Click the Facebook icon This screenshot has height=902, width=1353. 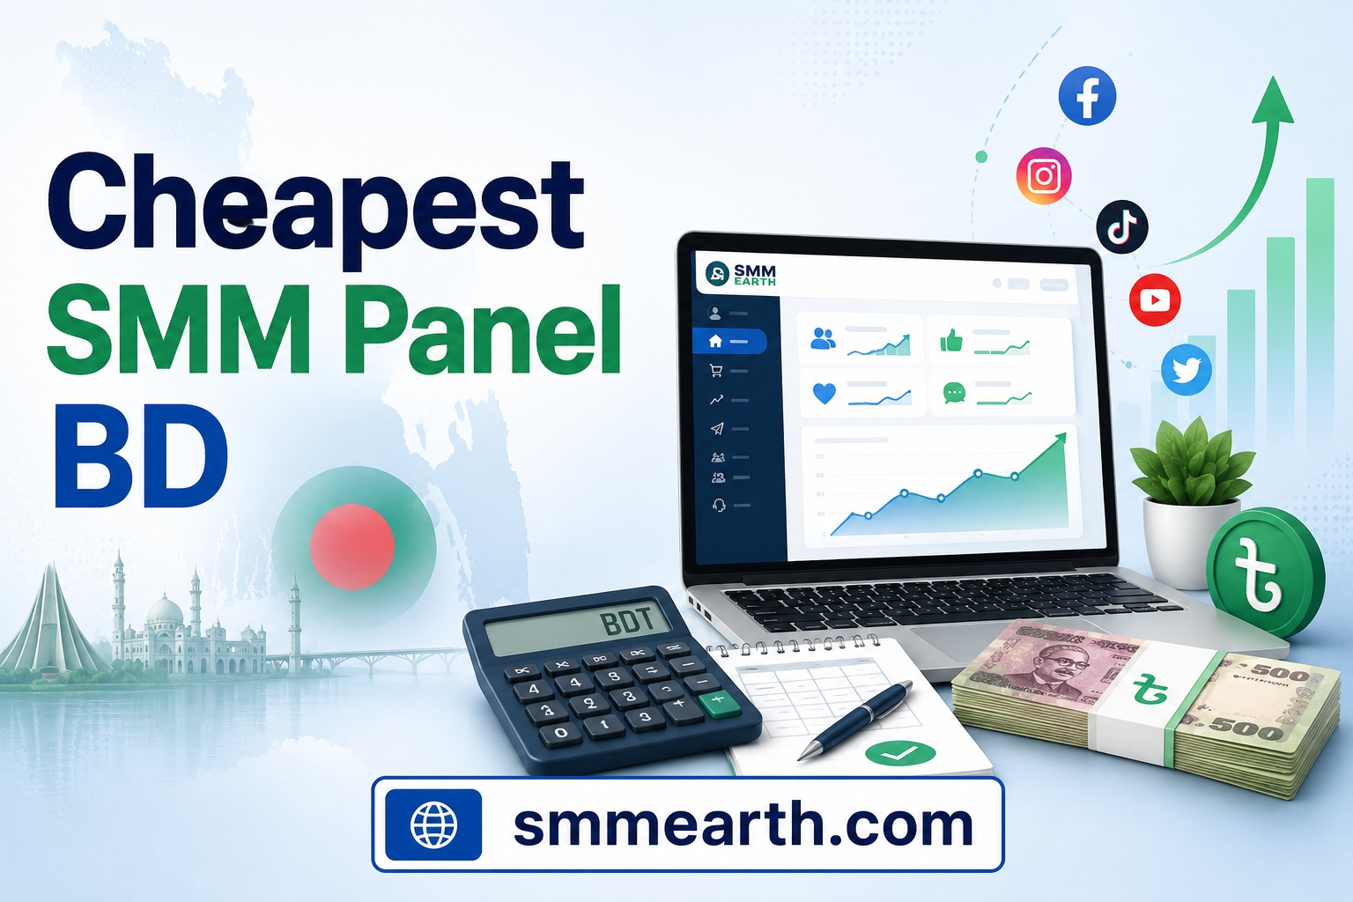[1087, 95]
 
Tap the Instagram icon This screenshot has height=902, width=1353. [1044, 176]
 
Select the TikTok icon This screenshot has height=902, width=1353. [1121, 226]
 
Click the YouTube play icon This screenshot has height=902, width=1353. [1155, 299]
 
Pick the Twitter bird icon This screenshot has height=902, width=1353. [1187, 370]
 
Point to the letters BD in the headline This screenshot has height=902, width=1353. [142, 457]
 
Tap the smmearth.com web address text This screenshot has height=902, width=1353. [743, 824]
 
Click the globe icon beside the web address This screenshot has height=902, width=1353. [433, 824]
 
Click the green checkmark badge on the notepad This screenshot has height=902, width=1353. [900, 753]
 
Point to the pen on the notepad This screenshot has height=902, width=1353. [854, 721]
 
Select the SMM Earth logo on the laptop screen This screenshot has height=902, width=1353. [740, 274]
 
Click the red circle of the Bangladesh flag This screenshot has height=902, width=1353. [352, 547]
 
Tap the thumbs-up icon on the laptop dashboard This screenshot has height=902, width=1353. [950, 341]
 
